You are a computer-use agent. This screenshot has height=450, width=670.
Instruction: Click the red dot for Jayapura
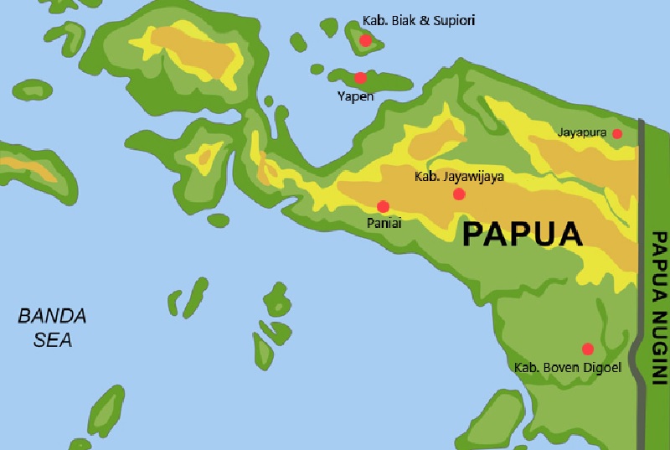tap(617, 133)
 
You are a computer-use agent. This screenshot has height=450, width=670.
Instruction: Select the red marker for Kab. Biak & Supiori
tap(365, 40)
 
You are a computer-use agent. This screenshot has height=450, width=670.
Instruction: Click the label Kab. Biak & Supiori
tap(410, 19)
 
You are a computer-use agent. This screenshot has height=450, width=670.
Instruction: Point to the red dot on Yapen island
tap(360, 78)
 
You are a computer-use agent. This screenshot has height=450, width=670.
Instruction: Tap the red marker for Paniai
tap(384, 206)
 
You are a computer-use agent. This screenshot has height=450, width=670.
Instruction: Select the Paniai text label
tap(384, 223)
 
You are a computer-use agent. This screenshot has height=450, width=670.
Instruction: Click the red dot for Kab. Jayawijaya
tap(459, 194)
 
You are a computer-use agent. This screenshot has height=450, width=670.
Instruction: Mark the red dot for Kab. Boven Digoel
tap(588, 349)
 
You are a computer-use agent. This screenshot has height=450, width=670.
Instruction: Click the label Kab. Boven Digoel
tap(567, 367)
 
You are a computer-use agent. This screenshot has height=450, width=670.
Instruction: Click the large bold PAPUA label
tap(522, 233)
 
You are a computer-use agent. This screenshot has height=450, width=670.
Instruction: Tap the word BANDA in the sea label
tap(52, 316)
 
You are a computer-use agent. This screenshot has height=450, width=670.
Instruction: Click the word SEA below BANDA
tap(52, 339)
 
